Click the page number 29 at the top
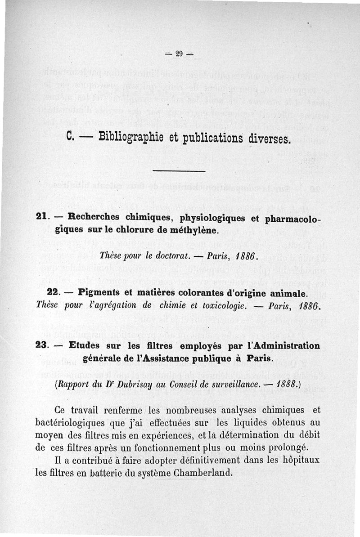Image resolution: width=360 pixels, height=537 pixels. coord(179,54)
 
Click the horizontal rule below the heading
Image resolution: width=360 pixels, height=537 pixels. coord(179,171)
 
